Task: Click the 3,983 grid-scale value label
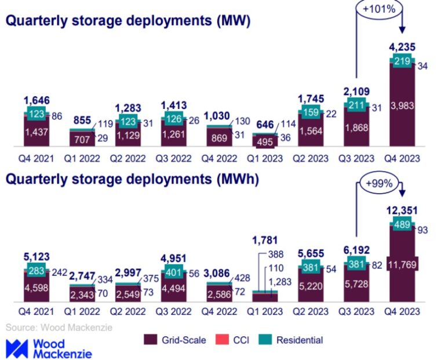(x=401, y=104)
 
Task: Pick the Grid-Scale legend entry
(x=174, y=340)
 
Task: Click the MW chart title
(x=128, y=22)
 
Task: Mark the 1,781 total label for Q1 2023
(x=265, y=240)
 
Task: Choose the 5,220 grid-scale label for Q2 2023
(x=311, y=283)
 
